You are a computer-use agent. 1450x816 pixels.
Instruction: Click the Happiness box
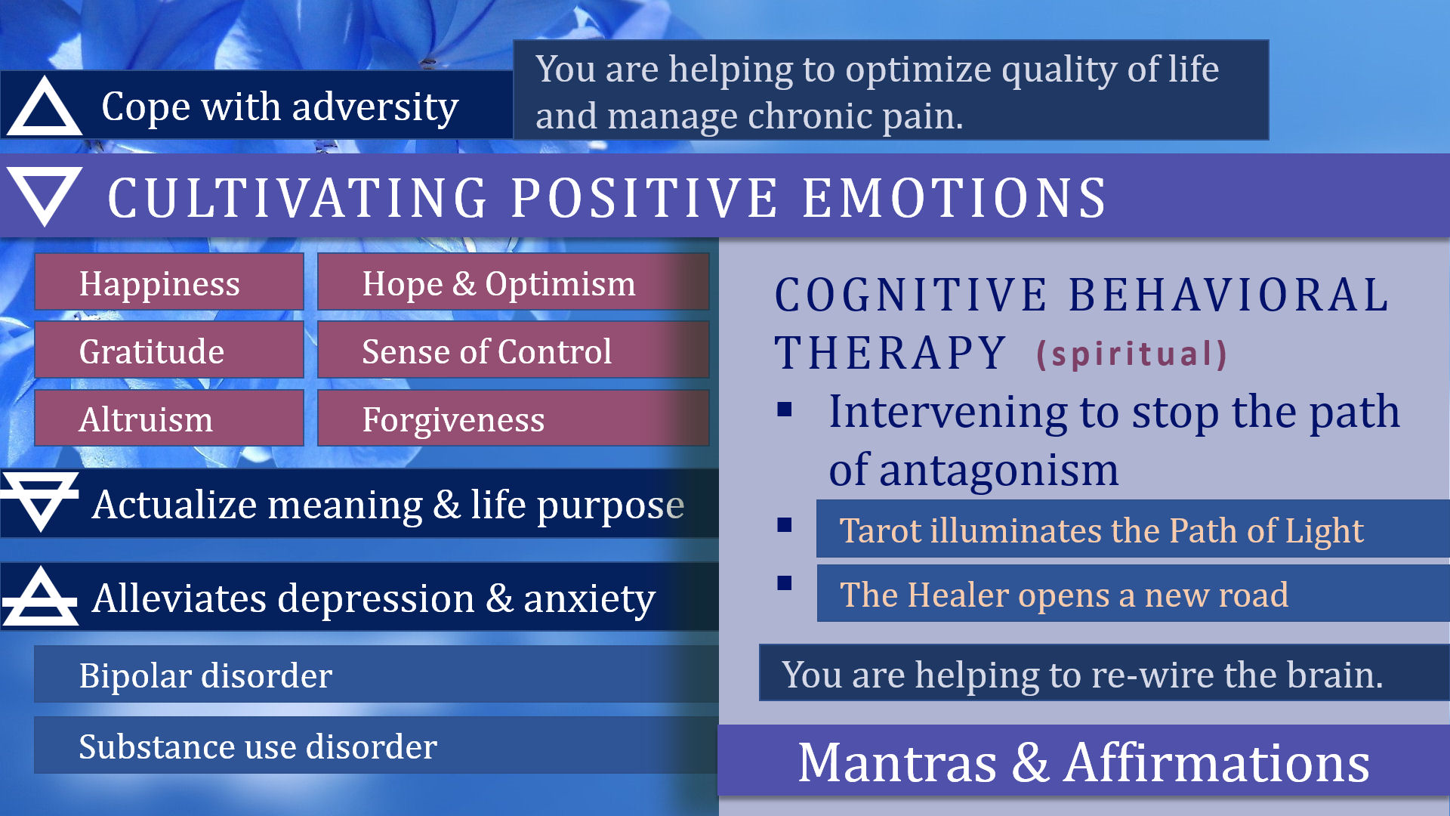click(x=169, y=282)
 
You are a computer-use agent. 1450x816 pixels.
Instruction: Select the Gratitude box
click(x=169, y=350)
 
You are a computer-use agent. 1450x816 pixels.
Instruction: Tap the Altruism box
click(x=169, y=418)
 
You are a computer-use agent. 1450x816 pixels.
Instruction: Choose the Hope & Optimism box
click(x=514, y=282)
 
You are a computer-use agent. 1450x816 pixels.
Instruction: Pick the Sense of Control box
click(x=514, y=350)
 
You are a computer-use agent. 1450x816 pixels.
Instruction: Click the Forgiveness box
click(x=514, y=418)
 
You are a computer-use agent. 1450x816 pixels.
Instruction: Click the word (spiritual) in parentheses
click(x=1131, y=354)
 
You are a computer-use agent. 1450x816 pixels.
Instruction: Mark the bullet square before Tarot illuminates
click(x=785, y=524)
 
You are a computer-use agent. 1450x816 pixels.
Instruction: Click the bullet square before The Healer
click(x=785, y=583)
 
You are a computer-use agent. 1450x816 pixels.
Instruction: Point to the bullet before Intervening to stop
click(x=785, y=409)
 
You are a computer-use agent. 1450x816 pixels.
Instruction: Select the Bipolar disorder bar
click(x=376, y=674)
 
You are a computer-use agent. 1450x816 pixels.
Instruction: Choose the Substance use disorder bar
click(x=376, y=745)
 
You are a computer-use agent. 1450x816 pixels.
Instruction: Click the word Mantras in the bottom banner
click(x=897, y=762)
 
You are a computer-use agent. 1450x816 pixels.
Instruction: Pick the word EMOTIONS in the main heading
click(x=955, y=198)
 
